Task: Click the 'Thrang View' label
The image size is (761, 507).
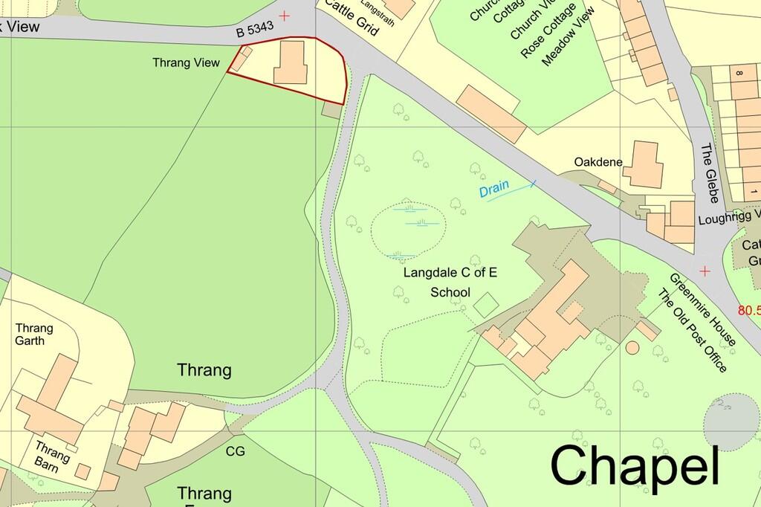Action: click(187, 63)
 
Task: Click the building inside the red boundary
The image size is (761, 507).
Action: click(290, 62)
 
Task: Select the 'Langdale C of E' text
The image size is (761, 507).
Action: click(450, 273)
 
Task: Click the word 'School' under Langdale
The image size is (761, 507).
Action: click(450, 292)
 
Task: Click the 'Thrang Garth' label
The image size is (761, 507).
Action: click(34, 335)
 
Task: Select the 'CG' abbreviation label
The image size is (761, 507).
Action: click(235, 451)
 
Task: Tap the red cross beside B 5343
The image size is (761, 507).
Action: click(285, 16)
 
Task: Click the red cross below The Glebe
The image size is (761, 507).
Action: click(705, 271)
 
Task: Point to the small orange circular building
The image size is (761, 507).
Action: click(633, 347)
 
